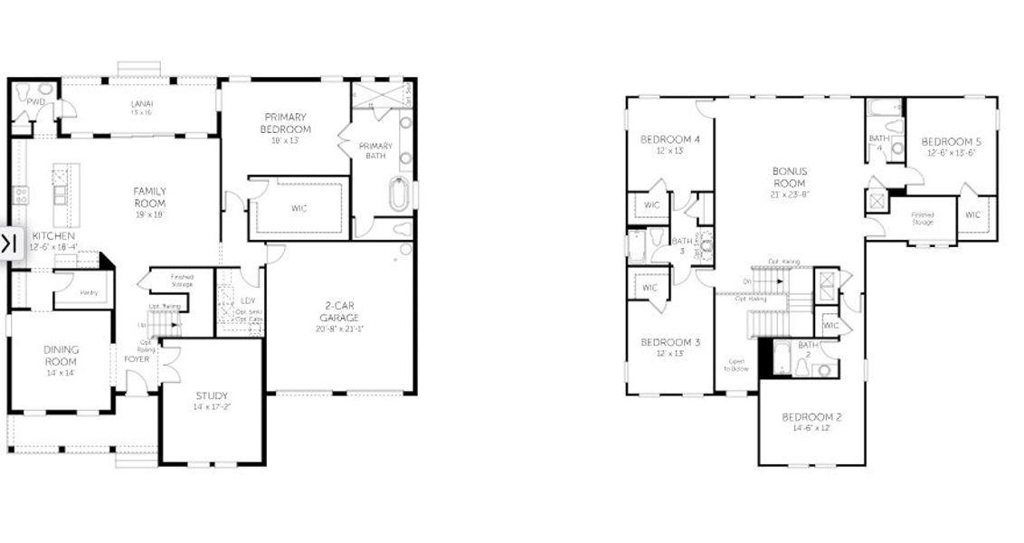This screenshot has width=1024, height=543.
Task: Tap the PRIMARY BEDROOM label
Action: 287,123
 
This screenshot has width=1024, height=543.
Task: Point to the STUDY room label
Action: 212,395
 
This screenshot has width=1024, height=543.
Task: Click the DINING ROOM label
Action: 62,355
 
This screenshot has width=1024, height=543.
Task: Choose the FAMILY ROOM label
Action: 149,196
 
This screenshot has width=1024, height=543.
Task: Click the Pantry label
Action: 88,291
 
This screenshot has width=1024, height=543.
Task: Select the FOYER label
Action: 137,358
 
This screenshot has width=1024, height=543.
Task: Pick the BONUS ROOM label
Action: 790,177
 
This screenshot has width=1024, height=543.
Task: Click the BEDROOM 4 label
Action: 670,139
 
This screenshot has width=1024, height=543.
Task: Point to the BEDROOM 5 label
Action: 951,142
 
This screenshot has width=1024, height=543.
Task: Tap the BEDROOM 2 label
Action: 811,417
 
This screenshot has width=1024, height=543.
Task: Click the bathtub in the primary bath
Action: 399,195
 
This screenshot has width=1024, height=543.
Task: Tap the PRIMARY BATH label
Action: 375,150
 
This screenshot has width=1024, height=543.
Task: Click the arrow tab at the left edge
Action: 9,243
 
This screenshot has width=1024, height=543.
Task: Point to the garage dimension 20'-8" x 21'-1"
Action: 339,329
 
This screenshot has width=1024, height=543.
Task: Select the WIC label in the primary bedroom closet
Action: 299,208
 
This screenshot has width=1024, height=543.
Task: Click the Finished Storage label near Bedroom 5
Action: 922,217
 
